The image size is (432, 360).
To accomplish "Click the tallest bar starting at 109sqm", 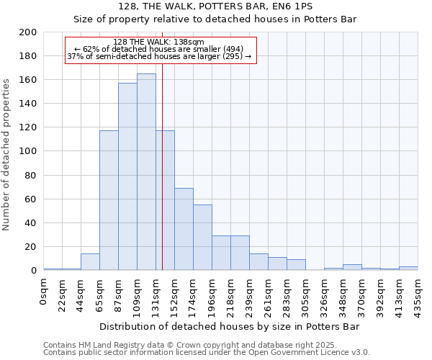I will click(x=146, y=172).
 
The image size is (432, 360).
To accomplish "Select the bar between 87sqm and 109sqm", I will click(x=127, y=176).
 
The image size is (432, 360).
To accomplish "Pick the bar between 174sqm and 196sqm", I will click(x=202, y=238).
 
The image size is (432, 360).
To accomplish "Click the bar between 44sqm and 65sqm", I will click(x=90, y=262).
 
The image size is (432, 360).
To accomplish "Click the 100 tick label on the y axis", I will click(x=29, y=151).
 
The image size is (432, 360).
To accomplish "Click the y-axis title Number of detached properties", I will click(x=7, y=151).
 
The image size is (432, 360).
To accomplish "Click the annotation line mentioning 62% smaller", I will click(x=159, y=49).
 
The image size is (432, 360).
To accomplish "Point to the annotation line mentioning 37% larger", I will click(x=159, y=56).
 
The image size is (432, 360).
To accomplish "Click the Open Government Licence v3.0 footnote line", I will click(x=207, y=353).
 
